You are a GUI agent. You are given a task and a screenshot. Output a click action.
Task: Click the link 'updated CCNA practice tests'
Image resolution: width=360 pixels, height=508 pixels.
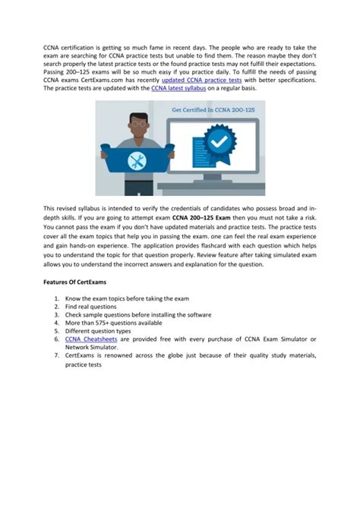(201, 79)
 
